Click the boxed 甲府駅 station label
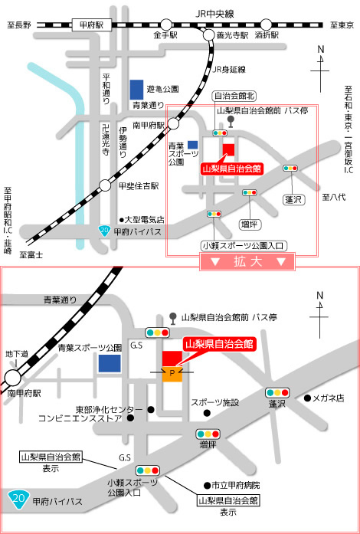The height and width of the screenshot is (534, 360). [x=93, y=25]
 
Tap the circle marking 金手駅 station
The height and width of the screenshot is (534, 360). [x=166, y=25]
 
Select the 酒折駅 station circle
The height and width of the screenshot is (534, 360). [x=267, y=25]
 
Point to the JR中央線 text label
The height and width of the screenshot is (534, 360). [x=215, y=14]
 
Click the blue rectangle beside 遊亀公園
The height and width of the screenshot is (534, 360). [x=136, y=90]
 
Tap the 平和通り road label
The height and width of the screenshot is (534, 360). [x=106, y=89]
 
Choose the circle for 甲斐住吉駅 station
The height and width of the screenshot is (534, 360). [x=105, y=185]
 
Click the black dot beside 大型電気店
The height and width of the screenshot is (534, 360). [x=121, y=220]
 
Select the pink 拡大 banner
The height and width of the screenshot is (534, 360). [x=247, y=262]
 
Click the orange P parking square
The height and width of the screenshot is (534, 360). [x=172, y=374]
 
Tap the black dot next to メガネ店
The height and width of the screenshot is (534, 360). [x=308, y=398]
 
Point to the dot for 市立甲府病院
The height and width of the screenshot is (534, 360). [x=206, y=485]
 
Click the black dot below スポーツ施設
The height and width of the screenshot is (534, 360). [x=207, y=413]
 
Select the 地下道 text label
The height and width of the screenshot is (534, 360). [x=16, y=354]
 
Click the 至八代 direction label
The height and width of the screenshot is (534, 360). [x=334, y=196]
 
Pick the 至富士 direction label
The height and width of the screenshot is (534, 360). [x=31, y=254]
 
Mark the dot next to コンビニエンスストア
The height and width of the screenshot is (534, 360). [x=130, y=418]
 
